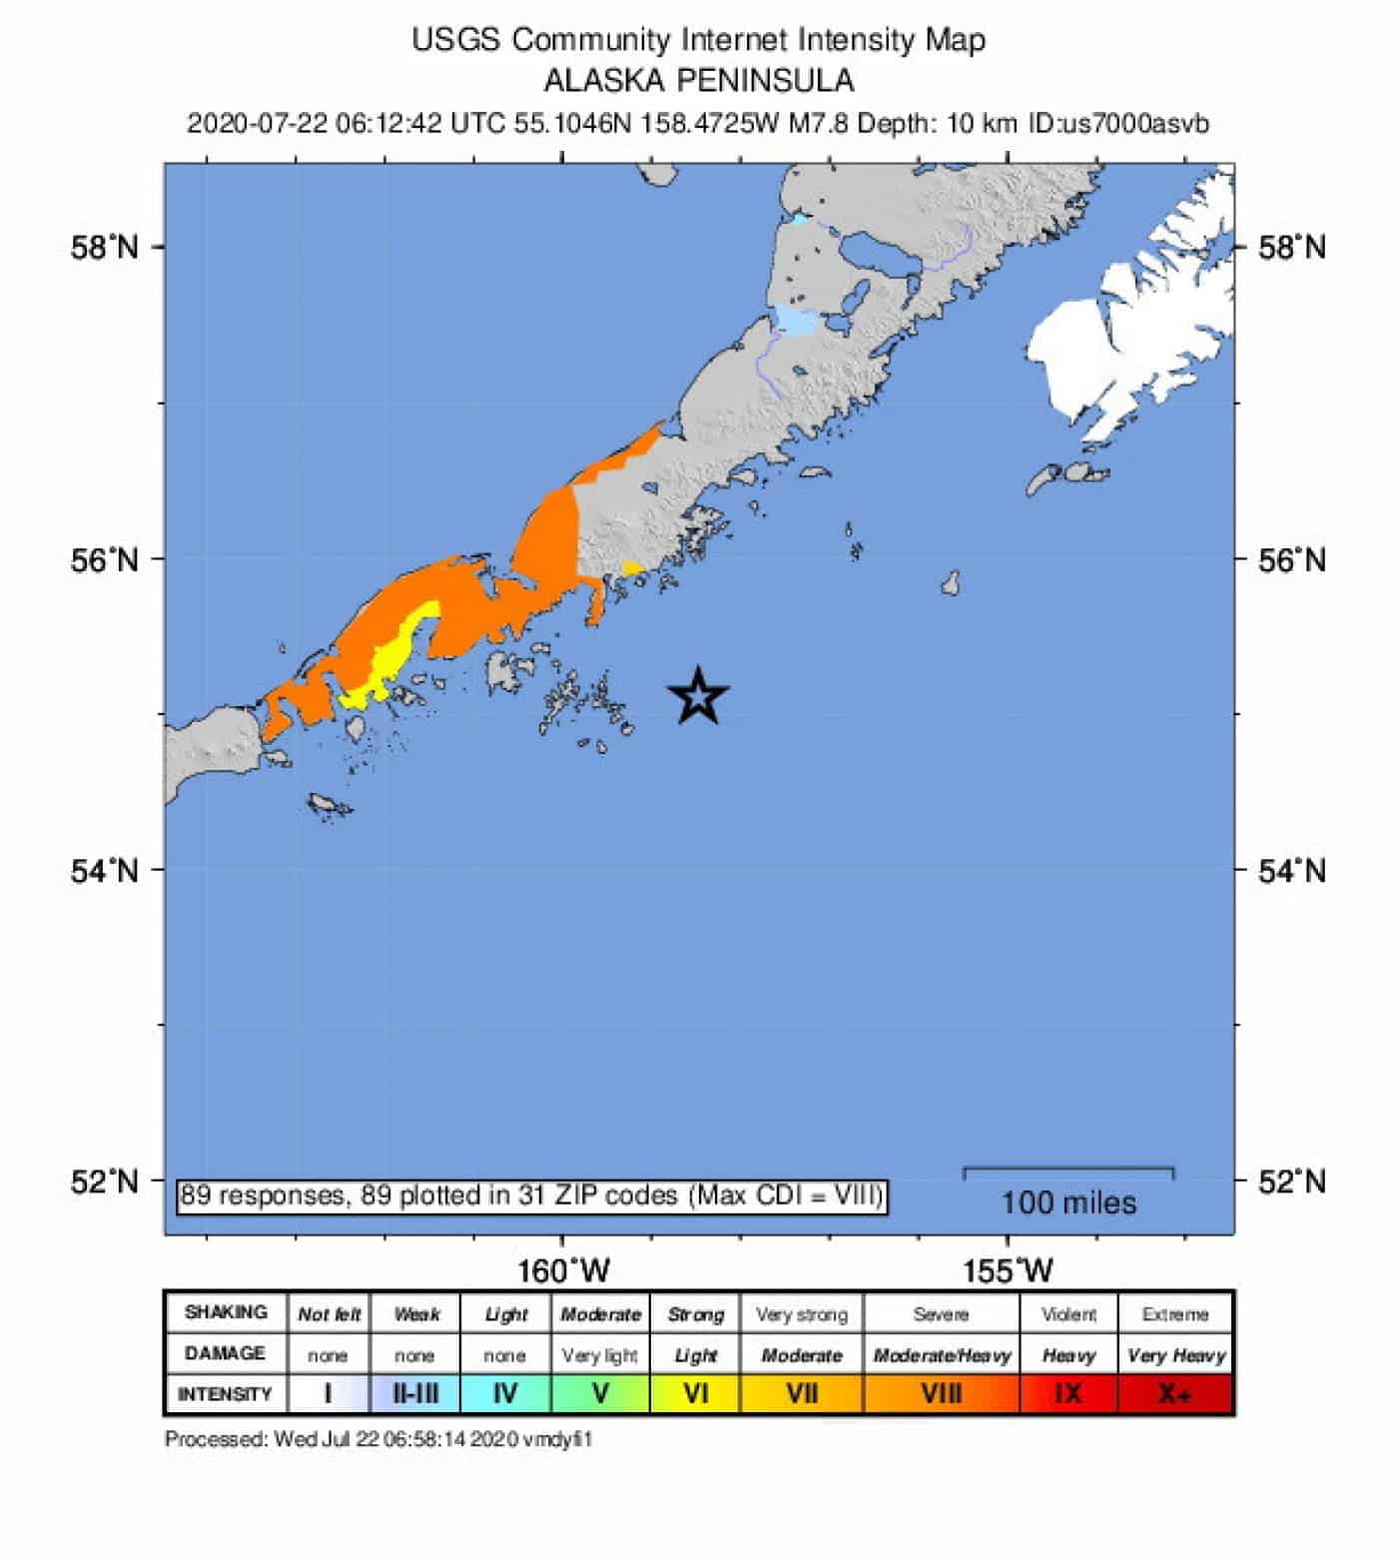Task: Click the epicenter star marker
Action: click(x=699, y=696)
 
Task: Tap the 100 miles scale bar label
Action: click(x=1068, y=1202)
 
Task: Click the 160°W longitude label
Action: click(x=563, y=1270)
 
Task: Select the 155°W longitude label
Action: click(x=1008, y=1270)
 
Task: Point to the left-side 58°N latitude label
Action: click(x=105, y=247)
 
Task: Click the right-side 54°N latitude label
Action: click(x=1291, y=871)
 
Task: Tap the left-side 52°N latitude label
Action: click(x=105, y=1180)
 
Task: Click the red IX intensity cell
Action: click(x=1067, y=1393)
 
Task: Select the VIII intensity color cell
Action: click(x=941, y=1393)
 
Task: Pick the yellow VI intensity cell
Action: click(x=695, y=1393)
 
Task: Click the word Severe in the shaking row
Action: click(x=941, y=1314)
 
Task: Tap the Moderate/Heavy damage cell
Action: click(x=941, y=1355)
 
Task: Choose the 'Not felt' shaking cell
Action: click(x=329, y=1314)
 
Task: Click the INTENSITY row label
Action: click(x=225, y=1393)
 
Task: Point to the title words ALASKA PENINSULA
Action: click(x=698, y=80)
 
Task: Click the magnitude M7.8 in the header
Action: click(x=818, y=124)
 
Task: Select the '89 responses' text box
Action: click(x=531, y=1195)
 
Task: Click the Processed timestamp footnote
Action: click(x=377, y=1439)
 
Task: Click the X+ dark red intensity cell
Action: click(x=1175, y=1393)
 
